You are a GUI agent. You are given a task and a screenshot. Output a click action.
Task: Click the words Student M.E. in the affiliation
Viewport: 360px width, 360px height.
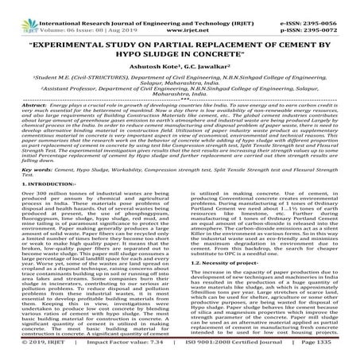(53, 75)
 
